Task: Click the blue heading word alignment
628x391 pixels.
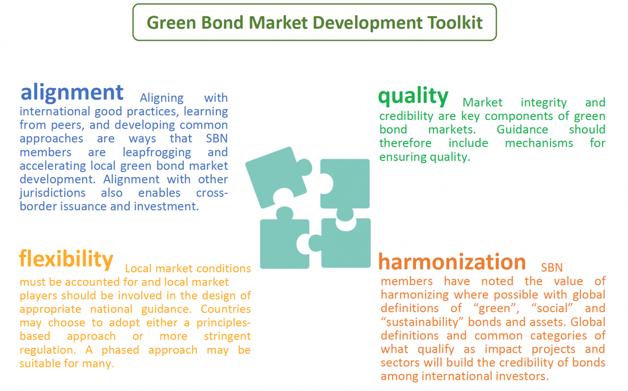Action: (72, 93)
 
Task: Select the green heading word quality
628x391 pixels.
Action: (413, 96)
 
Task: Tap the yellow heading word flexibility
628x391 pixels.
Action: (66, 259)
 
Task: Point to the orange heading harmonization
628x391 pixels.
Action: (452, 262)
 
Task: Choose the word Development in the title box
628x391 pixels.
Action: (367, 23)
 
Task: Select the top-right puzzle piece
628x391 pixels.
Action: (345, 184)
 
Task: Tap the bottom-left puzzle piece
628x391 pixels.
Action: (285, 241)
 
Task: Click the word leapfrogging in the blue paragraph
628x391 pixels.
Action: (157, 153)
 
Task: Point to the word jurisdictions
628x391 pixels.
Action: (53, 193)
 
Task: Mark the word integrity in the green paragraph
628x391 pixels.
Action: (544, 103)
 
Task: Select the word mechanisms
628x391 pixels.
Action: (539, 143)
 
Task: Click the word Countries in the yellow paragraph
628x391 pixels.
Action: (226, 309)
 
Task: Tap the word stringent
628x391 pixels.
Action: (227, 336)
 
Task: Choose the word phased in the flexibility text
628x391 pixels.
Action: (120, 350)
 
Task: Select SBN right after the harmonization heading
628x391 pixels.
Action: (552, 268)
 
